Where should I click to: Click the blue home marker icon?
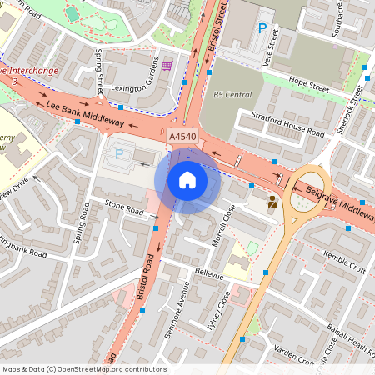tap(187, 179)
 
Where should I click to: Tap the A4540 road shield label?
tap(182, 136)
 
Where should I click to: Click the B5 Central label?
tap(232, 94)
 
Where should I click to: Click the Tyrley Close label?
tap(217, 309)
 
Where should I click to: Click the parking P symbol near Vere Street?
tap(262, 28)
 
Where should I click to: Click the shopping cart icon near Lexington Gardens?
tap(167, 65)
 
